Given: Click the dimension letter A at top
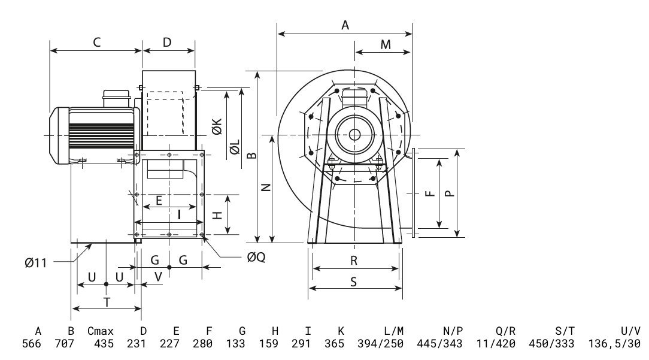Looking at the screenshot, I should click(x=345, y=25).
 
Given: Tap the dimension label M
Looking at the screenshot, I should click(x=386, y=44).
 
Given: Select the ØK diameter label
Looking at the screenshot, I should click(x=217, y=126).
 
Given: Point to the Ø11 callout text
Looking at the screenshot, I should click(x=37, y=262).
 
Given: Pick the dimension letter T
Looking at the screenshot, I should click(x=107, y=302).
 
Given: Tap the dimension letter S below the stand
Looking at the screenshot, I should click(x=354, y=282).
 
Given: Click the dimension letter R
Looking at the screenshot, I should click(x=354, y=261).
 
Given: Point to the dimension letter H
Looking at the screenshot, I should click(x=219, y=214).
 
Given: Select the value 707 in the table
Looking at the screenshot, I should click(x=64, y=344).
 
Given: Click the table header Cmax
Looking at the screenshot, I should click(x=100, y=331).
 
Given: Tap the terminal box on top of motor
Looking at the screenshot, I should click(x=117, y=96).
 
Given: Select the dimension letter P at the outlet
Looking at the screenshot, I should click(x=450, y=193).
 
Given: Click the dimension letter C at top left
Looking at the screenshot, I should click(x=96, y=42).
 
